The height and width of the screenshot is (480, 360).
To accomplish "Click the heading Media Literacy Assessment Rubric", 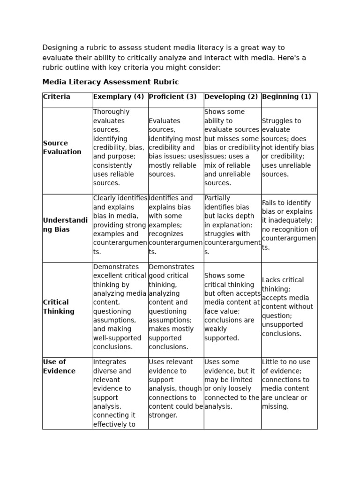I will pyautogui.click(x=111, y=82).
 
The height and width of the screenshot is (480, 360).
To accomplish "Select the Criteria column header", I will pyautogui.click(x=57, y=97).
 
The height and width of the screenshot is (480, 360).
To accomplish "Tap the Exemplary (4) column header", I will pyautogui.click(x=119, y=97).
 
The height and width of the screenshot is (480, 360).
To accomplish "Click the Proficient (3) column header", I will pyautogui.click(x=172, y=97).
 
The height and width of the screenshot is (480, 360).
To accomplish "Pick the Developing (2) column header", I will pyautogui.click(x=231, y=97).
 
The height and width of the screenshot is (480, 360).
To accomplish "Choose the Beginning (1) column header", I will pyautogui.click(x=286, y=97).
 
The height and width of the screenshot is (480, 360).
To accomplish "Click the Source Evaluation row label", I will pyautogui.click(x=62, y=148).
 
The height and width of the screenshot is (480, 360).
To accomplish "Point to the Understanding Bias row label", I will pyautogui.click(x=65, y=225).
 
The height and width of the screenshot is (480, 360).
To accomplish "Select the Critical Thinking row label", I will pyautogui.click(x=59, y=307).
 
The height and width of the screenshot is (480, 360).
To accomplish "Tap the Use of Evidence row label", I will pyautogui.click(x=59, y=367).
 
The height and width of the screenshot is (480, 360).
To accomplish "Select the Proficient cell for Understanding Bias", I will pyautogui.click(x=175, y=225).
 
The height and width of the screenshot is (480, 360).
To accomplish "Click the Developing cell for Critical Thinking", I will pyautogui.click(x=232, y=307).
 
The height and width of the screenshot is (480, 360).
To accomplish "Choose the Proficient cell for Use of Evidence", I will pyautogui.click(x=175, y=389).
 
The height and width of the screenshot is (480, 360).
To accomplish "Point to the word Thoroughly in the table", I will pyautogui.click(x=112, y=112).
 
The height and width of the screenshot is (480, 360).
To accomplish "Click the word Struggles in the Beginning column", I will pyautogui.click(x=277, y=121).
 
